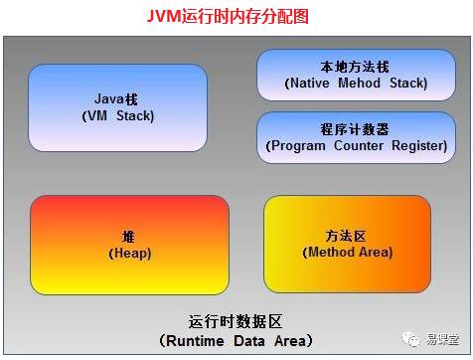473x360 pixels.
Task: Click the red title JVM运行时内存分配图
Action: pyautogui.click(x=236, y=17)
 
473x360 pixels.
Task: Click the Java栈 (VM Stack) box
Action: pyautogui.click(x=118, y=107)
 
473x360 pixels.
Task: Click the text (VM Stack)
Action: pyautogui.click(x=118, y=116)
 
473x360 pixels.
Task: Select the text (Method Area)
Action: pyautogui.click(x=347, y=253)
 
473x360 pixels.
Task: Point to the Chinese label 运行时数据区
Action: pyautogui.click(x=236, y=322)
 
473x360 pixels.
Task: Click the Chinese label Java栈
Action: pyautogui.click(x=118, y=99)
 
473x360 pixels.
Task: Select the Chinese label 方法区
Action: pyautogui.click(x=347, y=236)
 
